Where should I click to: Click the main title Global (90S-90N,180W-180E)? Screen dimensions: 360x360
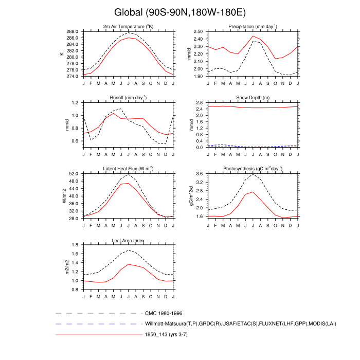coord(180,12)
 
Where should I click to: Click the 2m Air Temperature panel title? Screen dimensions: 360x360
coord(129,27)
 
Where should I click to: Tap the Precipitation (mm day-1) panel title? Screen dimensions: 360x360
coord(253,27)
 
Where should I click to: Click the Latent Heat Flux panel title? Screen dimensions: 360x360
coord(129,169)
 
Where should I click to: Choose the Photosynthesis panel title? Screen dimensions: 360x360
coord(253,169)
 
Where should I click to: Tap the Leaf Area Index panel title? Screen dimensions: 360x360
coord(129,240)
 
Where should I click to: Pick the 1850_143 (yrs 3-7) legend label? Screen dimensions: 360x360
coord(171,335)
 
